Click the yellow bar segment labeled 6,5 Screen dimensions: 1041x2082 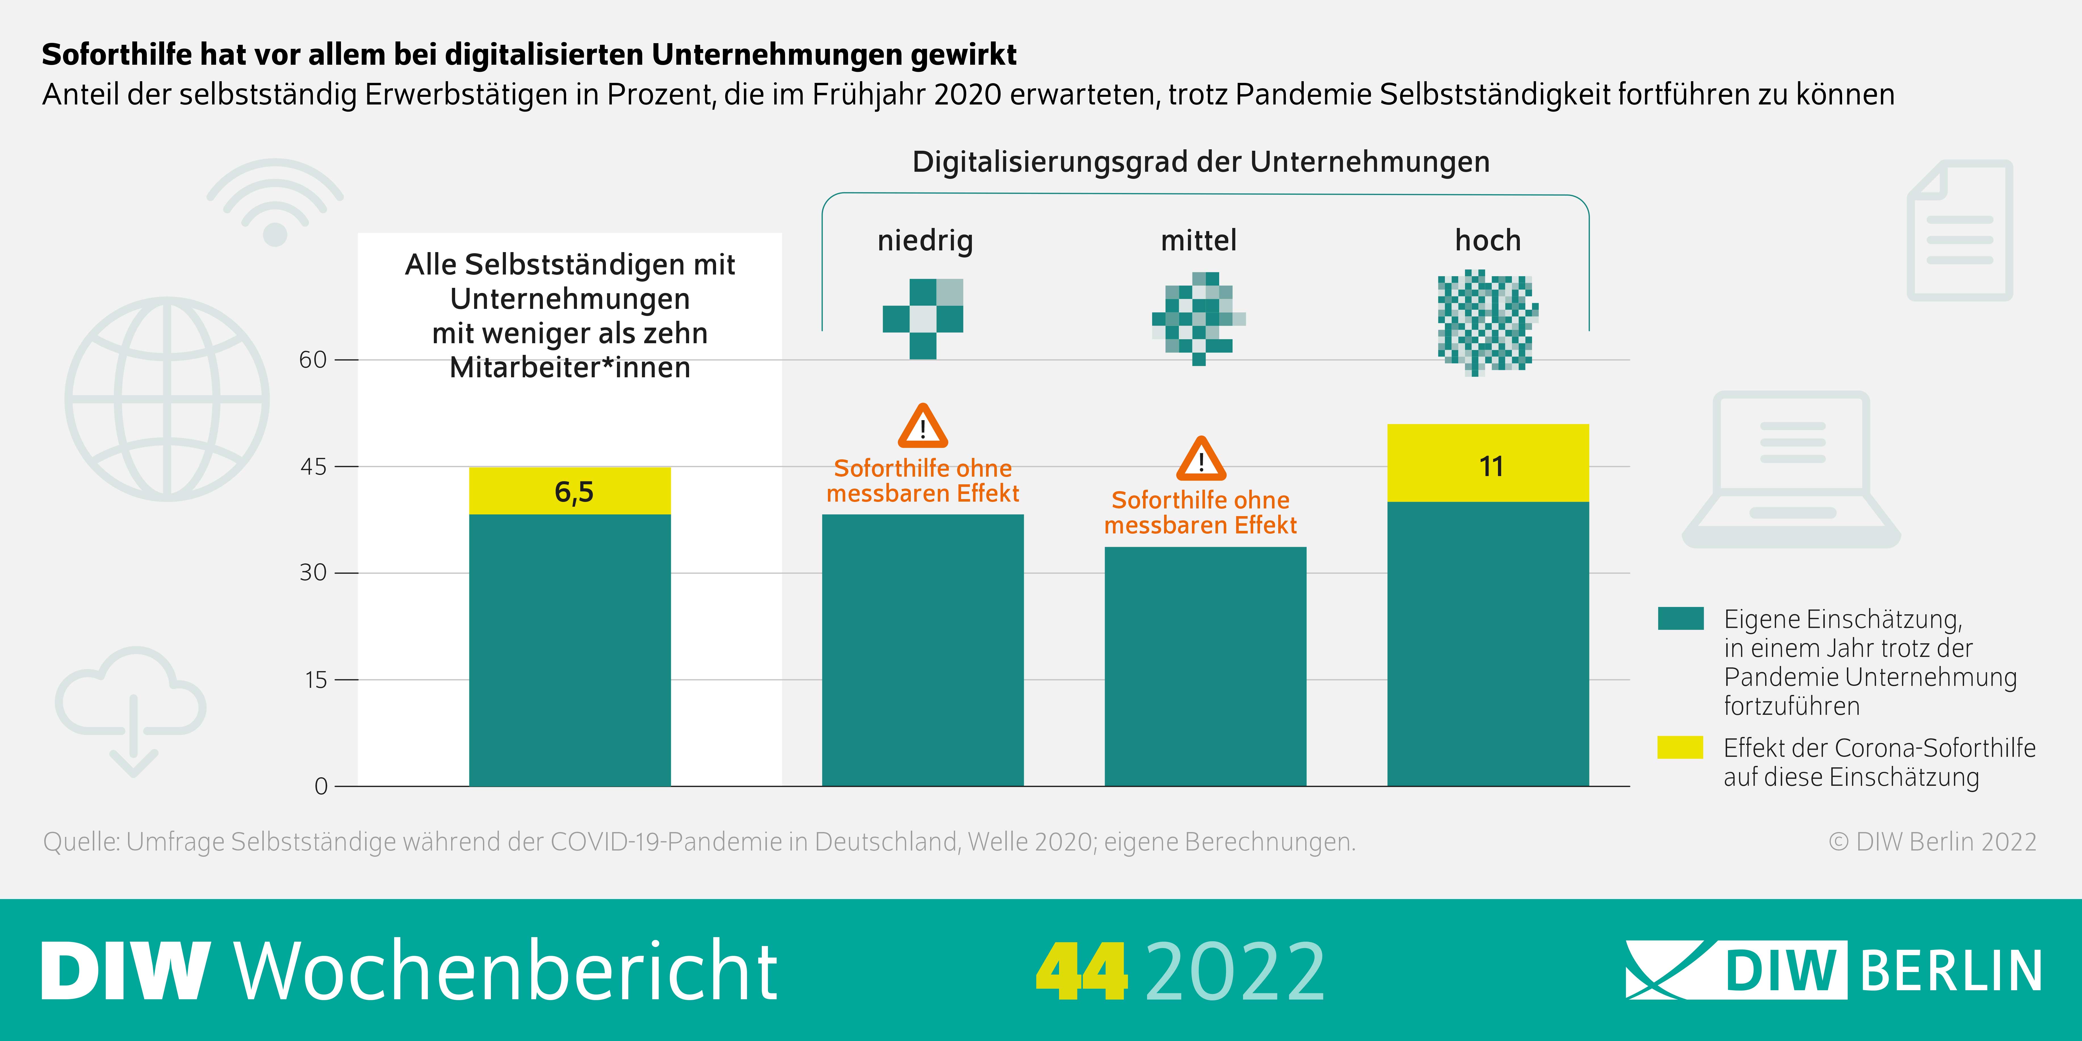pos(570,491)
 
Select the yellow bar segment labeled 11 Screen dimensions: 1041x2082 pos(1488,463)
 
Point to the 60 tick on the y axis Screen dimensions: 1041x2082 pos(314,360)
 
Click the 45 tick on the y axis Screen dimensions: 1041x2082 pos(314,466)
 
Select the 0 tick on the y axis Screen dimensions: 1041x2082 pos(321,786)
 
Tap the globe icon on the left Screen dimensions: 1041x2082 pos(167,399)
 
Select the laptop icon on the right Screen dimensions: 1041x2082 pos(1791,469)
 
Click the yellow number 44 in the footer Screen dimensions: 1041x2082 pos(1081,971)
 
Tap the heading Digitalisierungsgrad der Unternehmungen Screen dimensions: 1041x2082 pos(1201,162)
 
